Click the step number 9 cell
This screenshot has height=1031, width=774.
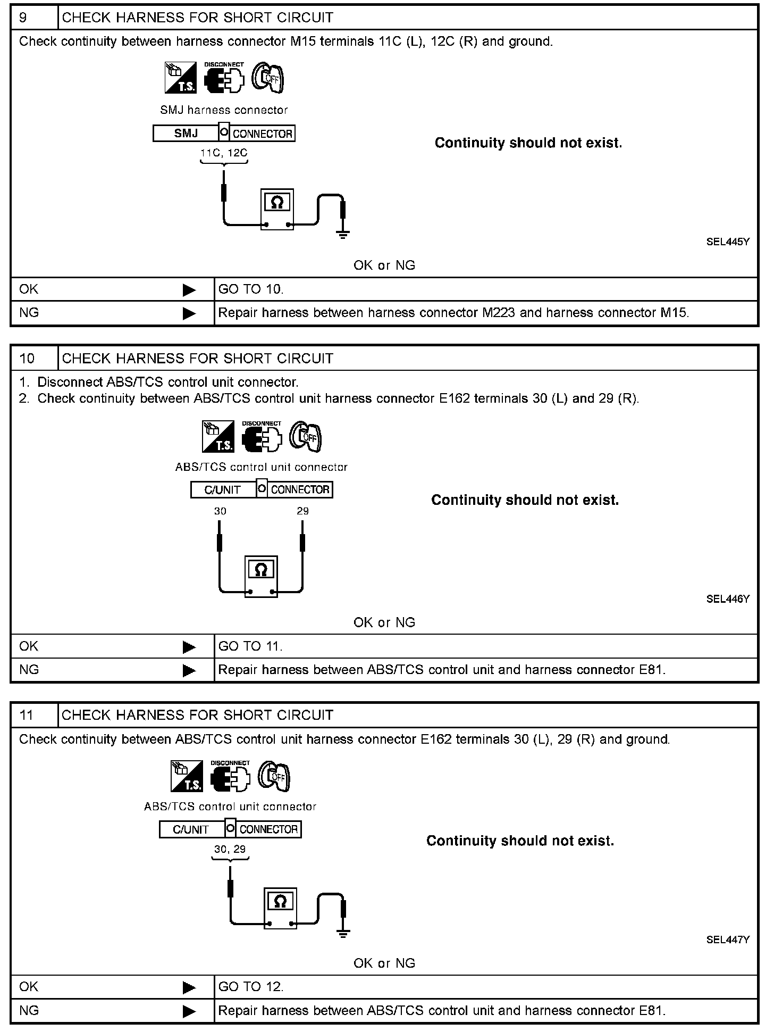pos(34,18)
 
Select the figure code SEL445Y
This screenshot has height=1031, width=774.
pos(727,242)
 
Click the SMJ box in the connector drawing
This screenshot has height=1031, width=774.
pos(186,134)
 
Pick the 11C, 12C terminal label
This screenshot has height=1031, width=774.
pos(224,153)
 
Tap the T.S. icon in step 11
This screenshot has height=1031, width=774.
pos(187,776)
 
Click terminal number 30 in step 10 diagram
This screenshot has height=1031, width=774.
pos(220,511)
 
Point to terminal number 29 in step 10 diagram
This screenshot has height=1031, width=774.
pos(302,511)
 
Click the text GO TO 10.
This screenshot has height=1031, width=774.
pos(251,289)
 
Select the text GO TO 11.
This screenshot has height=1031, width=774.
pos(250,646)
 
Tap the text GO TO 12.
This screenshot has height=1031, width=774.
pos(251,987)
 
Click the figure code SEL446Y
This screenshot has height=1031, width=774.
pos(727,599)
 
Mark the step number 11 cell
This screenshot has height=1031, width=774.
pos(34,715)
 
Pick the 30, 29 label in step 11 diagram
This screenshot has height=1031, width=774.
pos(230,850)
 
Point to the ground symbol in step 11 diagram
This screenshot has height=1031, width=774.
pos(343,933)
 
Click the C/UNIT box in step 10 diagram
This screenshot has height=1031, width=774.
pos(223,490)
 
